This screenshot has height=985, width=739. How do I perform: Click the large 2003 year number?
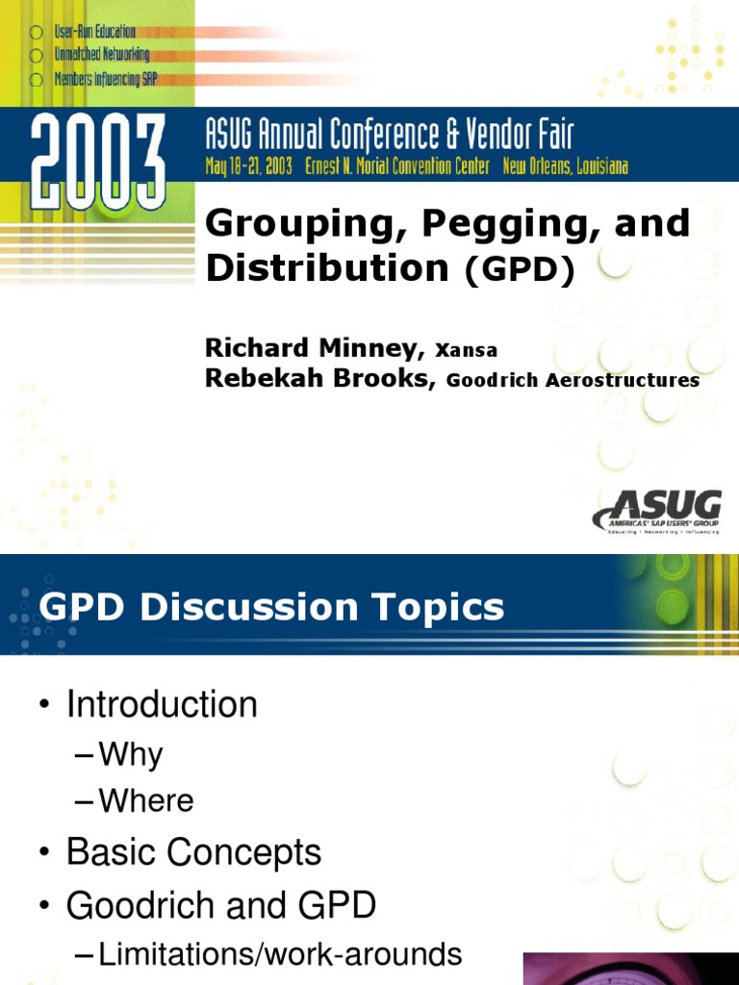(x=96, y=161)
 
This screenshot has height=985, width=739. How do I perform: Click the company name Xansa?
(x=466, y=351)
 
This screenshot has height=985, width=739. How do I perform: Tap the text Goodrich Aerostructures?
(x=573, y=381)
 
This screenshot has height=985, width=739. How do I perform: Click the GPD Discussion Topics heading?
(x=272, y=607)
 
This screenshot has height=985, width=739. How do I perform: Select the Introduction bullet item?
(x=162, y=705)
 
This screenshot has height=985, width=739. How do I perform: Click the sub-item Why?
(x=131, y=755)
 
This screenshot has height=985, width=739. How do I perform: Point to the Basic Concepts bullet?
(x=193, y=852)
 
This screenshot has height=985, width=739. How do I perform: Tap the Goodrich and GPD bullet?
(x=220, y=905)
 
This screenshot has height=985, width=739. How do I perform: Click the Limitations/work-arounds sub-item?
(x=280, y=954)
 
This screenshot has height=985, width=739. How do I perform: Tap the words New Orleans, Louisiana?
(x=565, y=166)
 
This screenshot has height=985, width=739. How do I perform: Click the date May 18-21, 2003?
(x=249, y=166)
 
